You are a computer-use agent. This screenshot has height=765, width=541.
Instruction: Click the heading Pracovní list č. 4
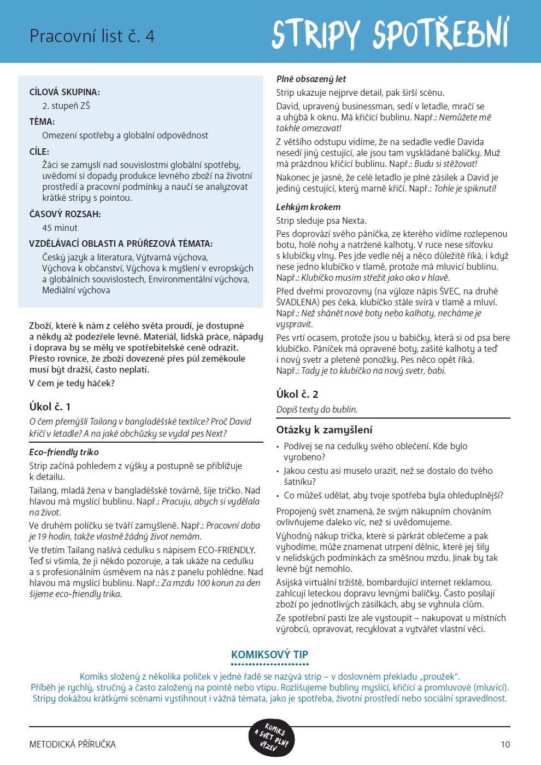[x=92, y=36]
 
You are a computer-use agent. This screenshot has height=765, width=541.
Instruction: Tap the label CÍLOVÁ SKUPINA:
[x=64, y=92]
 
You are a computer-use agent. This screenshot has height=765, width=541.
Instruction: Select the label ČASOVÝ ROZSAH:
[x=65, y=214]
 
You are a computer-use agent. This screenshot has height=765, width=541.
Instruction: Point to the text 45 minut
[x=60, y=228]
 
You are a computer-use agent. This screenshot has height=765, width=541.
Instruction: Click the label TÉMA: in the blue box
[x=42, y=121]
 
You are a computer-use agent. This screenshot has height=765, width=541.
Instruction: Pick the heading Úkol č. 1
[x=50, y=407]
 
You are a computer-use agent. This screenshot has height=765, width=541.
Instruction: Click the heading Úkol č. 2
[x=297, y=394]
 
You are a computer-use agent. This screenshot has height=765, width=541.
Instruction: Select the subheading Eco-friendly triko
[x=64, y=452]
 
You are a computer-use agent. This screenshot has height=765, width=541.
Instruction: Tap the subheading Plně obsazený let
[x=311, y=79]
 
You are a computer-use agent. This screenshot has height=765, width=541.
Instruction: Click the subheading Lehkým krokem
[x=308, y=207]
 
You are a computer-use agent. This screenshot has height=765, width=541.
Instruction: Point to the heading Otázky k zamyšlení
[x=325, y=430]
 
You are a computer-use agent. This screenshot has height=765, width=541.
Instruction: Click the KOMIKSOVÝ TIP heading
[x=270, y=654]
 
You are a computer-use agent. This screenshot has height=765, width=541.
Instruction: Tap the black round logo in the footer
[x=271, y=737]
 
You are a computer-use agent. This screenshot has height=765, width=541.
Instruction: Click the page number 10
[x=505, y=744]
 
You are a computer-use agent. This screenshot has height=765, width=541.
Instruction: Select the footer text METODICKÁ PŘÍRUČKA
[x=73, y=744]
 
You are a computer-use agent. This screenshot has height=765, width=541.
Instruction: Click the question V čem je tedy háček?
[x=72, y=383]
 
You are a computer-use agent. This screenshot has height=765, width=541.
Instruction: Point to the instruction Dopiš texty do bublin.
[x=317, y=409]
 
